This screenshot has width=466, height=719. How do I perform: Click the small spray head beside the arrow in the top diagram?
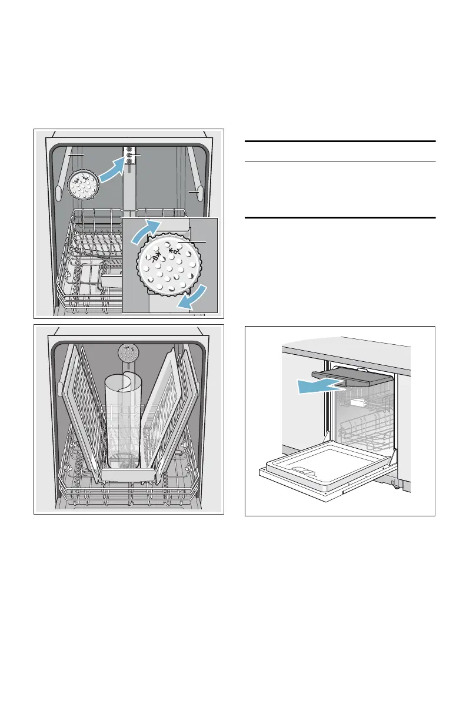82,184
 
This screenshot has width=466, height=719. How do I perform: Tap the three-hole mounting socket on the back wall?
129,154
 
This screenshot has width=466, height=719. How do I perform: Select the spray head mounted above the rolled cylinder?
128,353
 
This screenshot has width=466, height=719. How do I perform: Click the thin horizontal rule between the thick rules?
339,162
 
